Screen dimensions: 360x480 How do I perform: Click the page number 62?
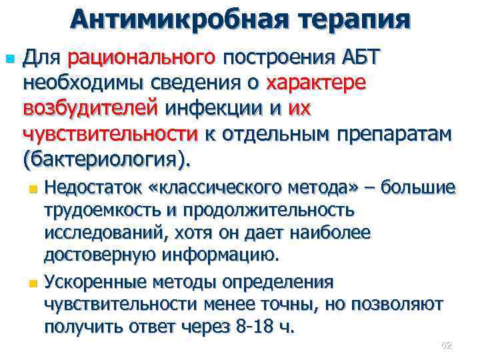tap(447, 345)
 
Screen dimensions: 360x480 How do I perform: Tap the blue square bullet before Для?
tap(9, 59)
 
